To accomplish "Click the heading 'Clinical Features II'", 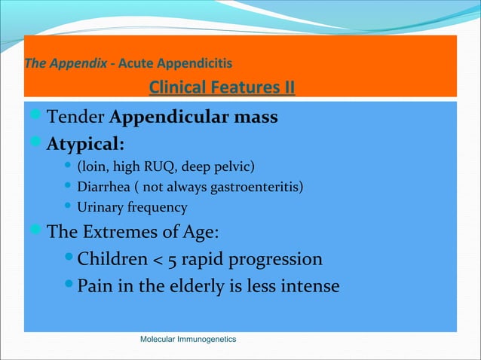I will [222, 88].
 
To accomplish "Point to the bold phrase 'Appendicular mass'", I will [194, 118].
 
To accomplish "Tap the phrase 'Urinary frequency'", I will [133, 207].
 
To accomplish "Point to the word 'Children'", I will [114, 260].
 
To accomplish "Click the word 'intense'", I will [308, 287].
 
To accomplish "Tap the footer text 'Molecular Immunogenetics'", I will [188, 340].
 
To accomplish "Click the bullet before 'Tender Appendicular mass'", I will [37, 117].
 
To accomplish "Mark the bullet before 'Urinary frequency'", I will [69, 207].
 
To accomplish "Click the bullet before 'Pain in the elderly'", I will [69, 286].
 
